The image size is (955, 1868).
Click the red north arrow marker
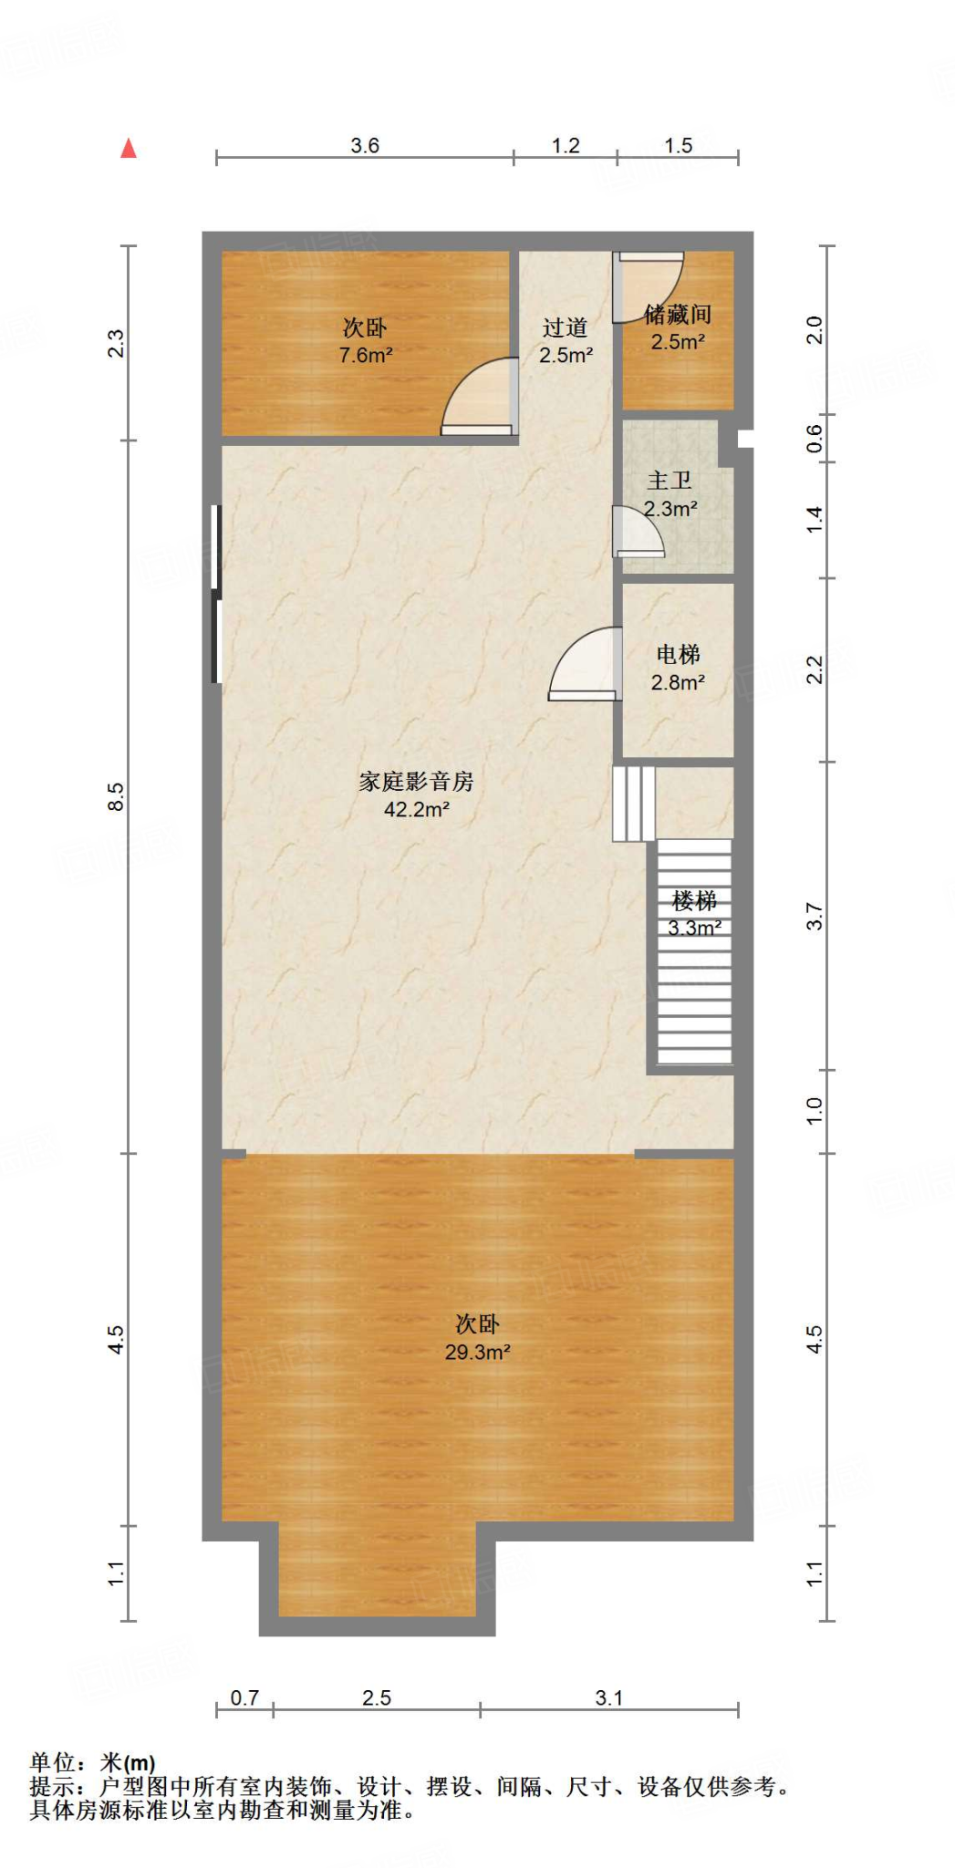[129, 149]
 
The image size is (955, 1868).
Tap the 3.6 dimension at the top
[365, 146]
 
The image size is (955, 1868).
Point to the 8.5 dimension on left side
[115, 796]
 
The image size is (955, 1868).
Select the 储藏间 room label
[677, 315]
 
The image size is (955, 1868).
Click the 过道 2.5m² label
[566, 341]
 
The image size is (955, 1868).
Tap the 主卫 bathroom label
[670, 481]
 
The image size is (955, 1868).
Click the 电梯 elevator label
[678, 655]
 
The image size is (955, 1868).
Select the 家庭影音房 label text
[416, 782]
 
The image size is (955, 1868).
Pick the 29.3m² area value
[477, 1353]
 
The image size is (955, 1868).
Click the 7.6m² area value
[365, 356]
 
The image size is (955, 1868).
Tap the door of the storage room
[648, 286]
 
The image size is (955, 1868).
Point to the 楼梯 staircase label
[694, 901]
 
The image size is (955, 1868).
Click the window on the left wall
[216, 593]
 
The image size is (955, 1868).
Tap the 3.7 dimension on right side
[815, 916]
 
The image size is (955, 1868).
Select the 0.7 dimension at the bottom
[244, 1697]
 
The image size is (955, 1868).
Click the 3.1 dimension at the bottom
[608, 1697]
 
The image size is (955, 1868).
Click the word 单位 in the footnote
[51, 1763]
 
